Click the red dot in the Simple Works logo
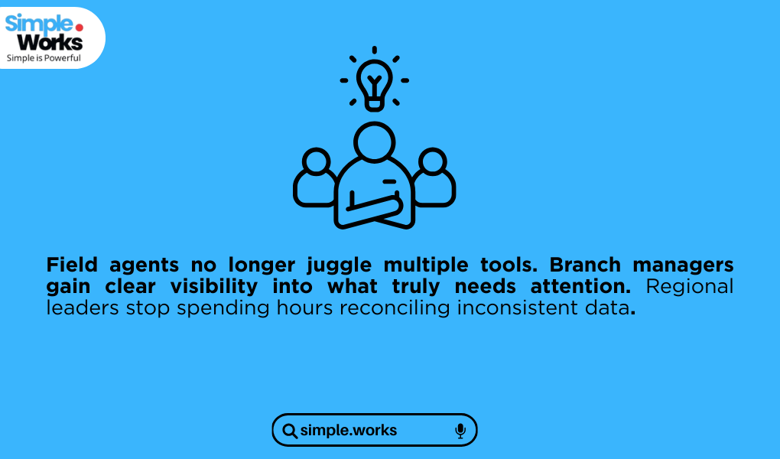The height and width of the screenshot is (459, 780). pyautogui.click(x=79, y=28)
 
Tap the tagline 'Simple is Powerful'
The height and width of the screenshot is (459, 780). pyautogui.click(x=44, y=58)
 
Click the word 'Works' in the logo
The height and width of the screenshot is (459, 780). pyautogui.click(x=50, y=42)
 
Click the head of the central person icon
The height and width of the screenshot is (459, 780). pyautogui.click(x=375, y=142)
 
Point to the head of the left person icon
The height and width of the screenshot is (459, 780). pyautogui.click(x=317, y=161)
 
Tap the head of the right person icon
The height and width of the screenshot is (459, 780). pyautogui.click(x=432, y=161)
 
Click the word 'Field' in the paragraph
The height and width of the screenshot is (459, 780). pyautogui.click(x=72, y=265)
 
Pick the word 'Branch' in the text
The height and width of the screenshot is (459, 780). pyautogui.click(x=585, y=265)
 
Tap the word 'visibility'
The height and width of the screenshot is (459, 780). pyautogui.click(x=214, y=287)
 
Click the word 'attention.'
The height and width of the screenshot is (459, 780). pyautogui.click(x=581, y=286)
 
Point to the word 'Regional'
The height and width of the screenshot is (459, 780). pyautogui.click(x=690, y=287)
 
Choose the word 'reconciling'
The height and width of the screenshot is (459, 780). pyautogui.click(x=395, y=308)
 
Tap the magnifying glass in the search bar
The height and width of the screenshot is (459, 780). pyautogui.click(x=290, y=431)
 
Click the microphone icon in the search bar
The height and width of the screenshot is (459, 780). pyautogui.click(x=460, y=431)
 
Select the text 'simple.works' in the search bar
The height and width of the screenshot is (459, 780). pyautogui.click(x=349, y=430)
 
